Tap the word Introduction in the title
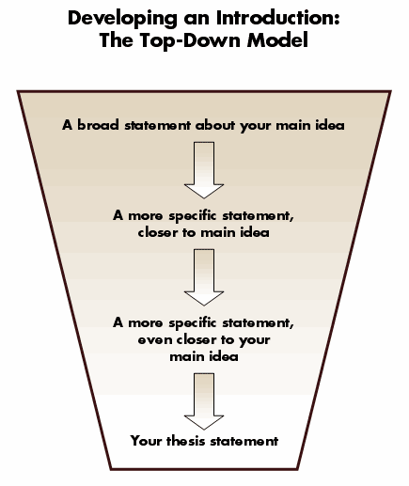pyautogui.click(x=278, y=18)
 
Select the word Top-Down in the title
pyautogui.click(x=190, y=40)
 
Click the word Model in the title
pyautogui.click(x=277, y=39)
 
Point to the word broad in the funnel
pyautogui.click(x=98, y=125)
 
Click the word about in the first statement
pyautogui.click(x=215, y=125)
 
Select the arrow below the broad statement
pyautogui.click(x=204, y=170)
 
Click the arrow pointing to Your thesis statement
pyautogui.click(x=204, y=401)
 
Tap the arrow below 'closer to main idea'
pyautogui.click(x=204, y=277)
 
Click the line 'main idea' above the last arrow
pyautogui.click(x=204, y=356)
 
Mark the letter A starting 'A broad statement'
pyautogui.click(x=67, y=125)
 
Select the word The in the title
pyautogui.click(x=116, y=39)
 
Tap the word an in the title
pyautogui.click(x=197, y=20)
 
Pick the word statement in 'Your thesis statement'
pyautogui.click(x=244, y=441)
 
